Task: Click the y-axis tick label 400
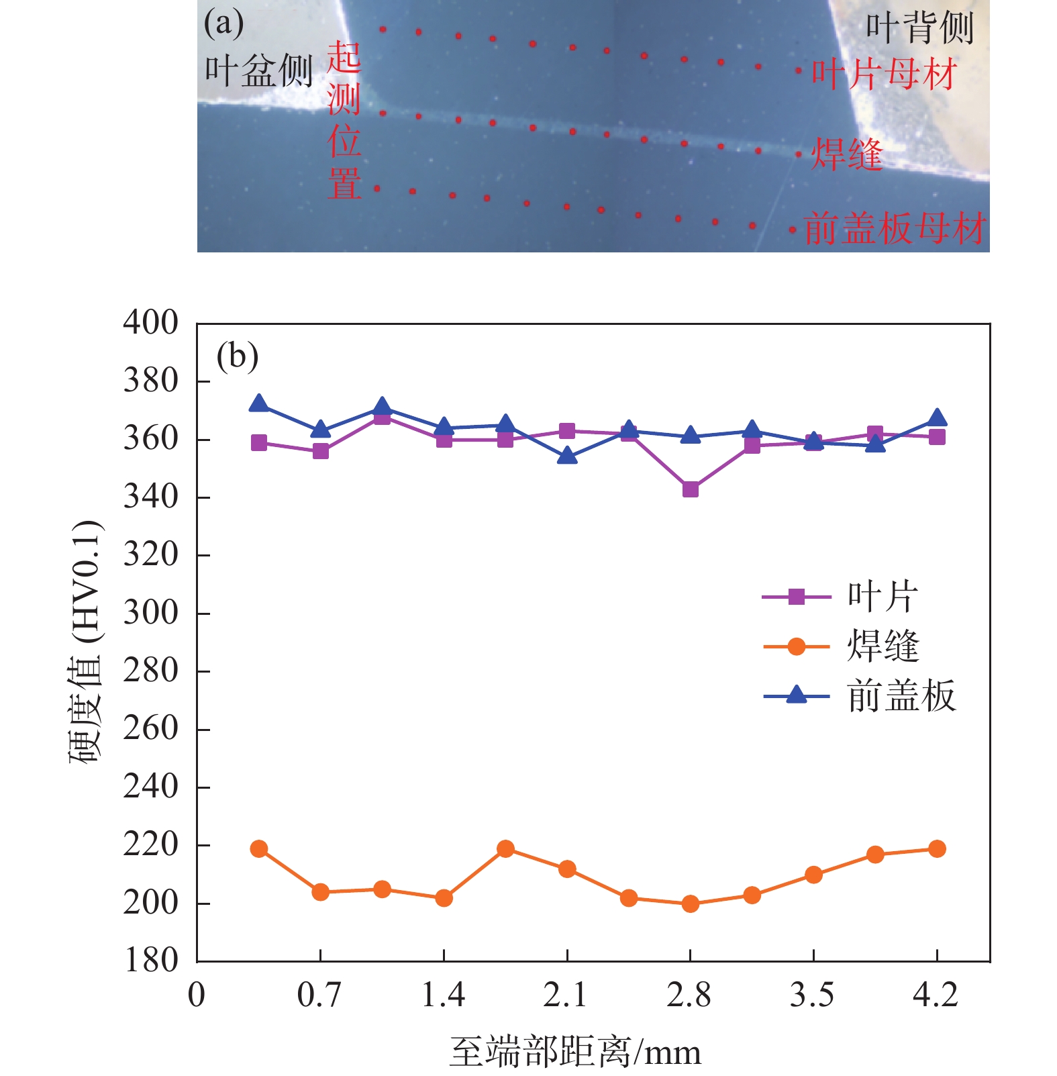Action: pos(150,322)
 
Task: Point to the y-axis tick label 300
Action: pos(150,612)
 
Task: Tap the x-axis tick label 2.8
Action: pos(689,995)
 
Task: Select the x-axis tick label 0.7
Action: pos(319,995)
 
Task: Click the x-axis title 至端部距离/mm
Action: pos(575,1052)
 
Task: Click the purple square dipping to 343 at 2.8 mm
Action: pos(690,489)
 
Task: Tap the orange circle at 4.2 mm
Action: pos(937,849)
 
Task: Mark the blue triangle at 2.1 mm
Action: pos(567,456)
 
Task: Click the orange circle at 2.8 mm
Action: pos(690,904)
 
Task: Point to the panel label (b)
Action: pos(237,356)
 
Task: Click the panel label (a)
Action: pos(223,24)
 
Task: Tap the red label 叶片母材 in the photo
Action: pos(884,74)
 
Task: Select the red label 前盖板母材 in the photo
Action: pos(895,228)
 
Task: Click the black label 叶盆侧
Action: pos(258,70)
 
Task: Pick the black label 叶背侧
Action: pos(919,28)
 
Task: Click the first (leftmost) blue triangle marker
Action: pos(259,404)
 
